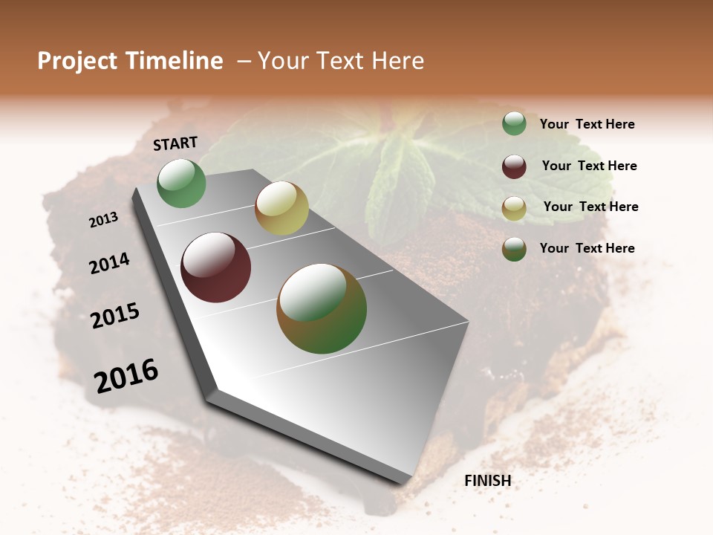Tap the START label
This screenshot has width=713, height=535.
coord(175,143)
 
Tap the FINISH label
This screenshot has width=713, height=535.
coord(487,481)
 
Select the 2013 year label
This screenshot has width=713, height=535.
coord(104,219)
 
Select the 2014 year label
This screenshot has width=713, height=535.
coord(109,263)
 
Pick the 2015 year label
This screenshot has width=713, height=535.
coord(115,316)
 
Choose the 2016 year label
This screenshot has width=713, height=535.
coord(126,376)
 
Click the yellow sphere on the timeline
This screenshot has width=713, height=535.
coord(281,208)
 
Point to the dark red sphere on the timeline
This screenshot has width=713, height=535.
coord(216,267)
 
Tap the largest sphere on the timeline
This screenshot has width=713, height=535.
coord(322,308)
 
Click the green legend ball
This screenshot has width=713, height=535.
coord(514,124)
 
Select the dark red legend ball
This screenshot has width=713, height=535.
coord(514,166)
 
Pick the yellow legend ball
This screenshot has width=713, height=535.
coord(514,208)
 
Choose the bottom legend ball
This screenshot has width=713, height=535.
coord(514,249)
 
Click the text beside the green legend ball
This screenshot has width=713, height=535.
coord(587,124)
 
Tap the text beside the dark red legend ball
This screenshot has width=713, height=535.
coord(589,166)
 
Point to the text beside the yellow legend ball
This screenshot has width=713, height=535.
coord(590,207)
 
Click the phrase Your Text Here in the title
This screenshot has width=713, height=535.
coord(341,61)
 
